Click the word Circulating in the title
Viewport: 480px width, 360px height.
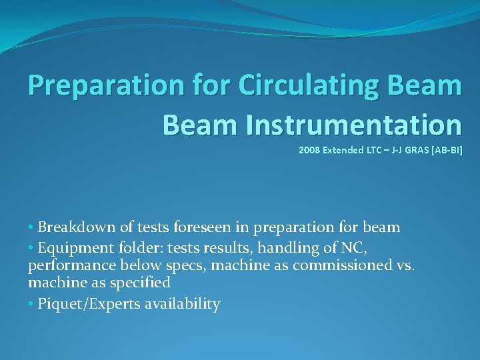coord(291,85)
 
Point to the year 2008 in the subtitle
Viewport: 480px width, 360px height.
coord(309,151)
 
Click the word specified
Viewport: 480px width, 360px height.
coord(143,283)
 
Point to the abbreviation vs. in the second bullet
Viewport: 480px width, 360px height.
coord(406,265)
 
